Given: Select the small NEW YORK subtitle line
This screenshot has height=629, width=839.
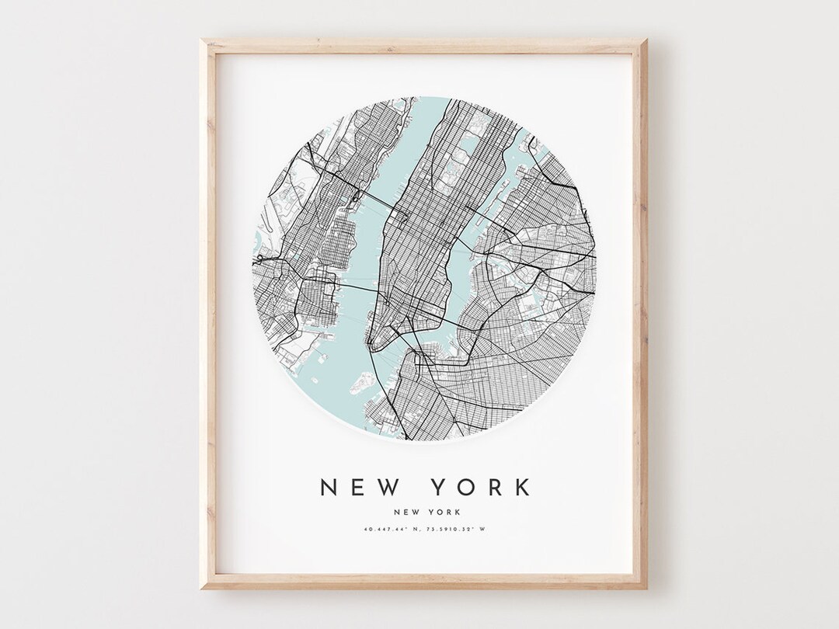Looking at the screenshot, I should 426,512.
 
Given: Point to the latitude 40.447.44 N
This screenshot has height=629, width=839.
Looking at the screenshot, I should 392,530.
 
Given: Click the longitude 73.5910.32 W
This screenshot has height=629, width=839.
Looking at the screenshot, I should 464,530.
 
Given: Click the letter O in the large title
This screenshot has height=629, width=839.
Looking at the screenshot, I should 466,487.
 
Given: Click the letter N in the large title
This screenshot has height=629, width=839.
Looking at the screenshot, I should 329,487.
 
